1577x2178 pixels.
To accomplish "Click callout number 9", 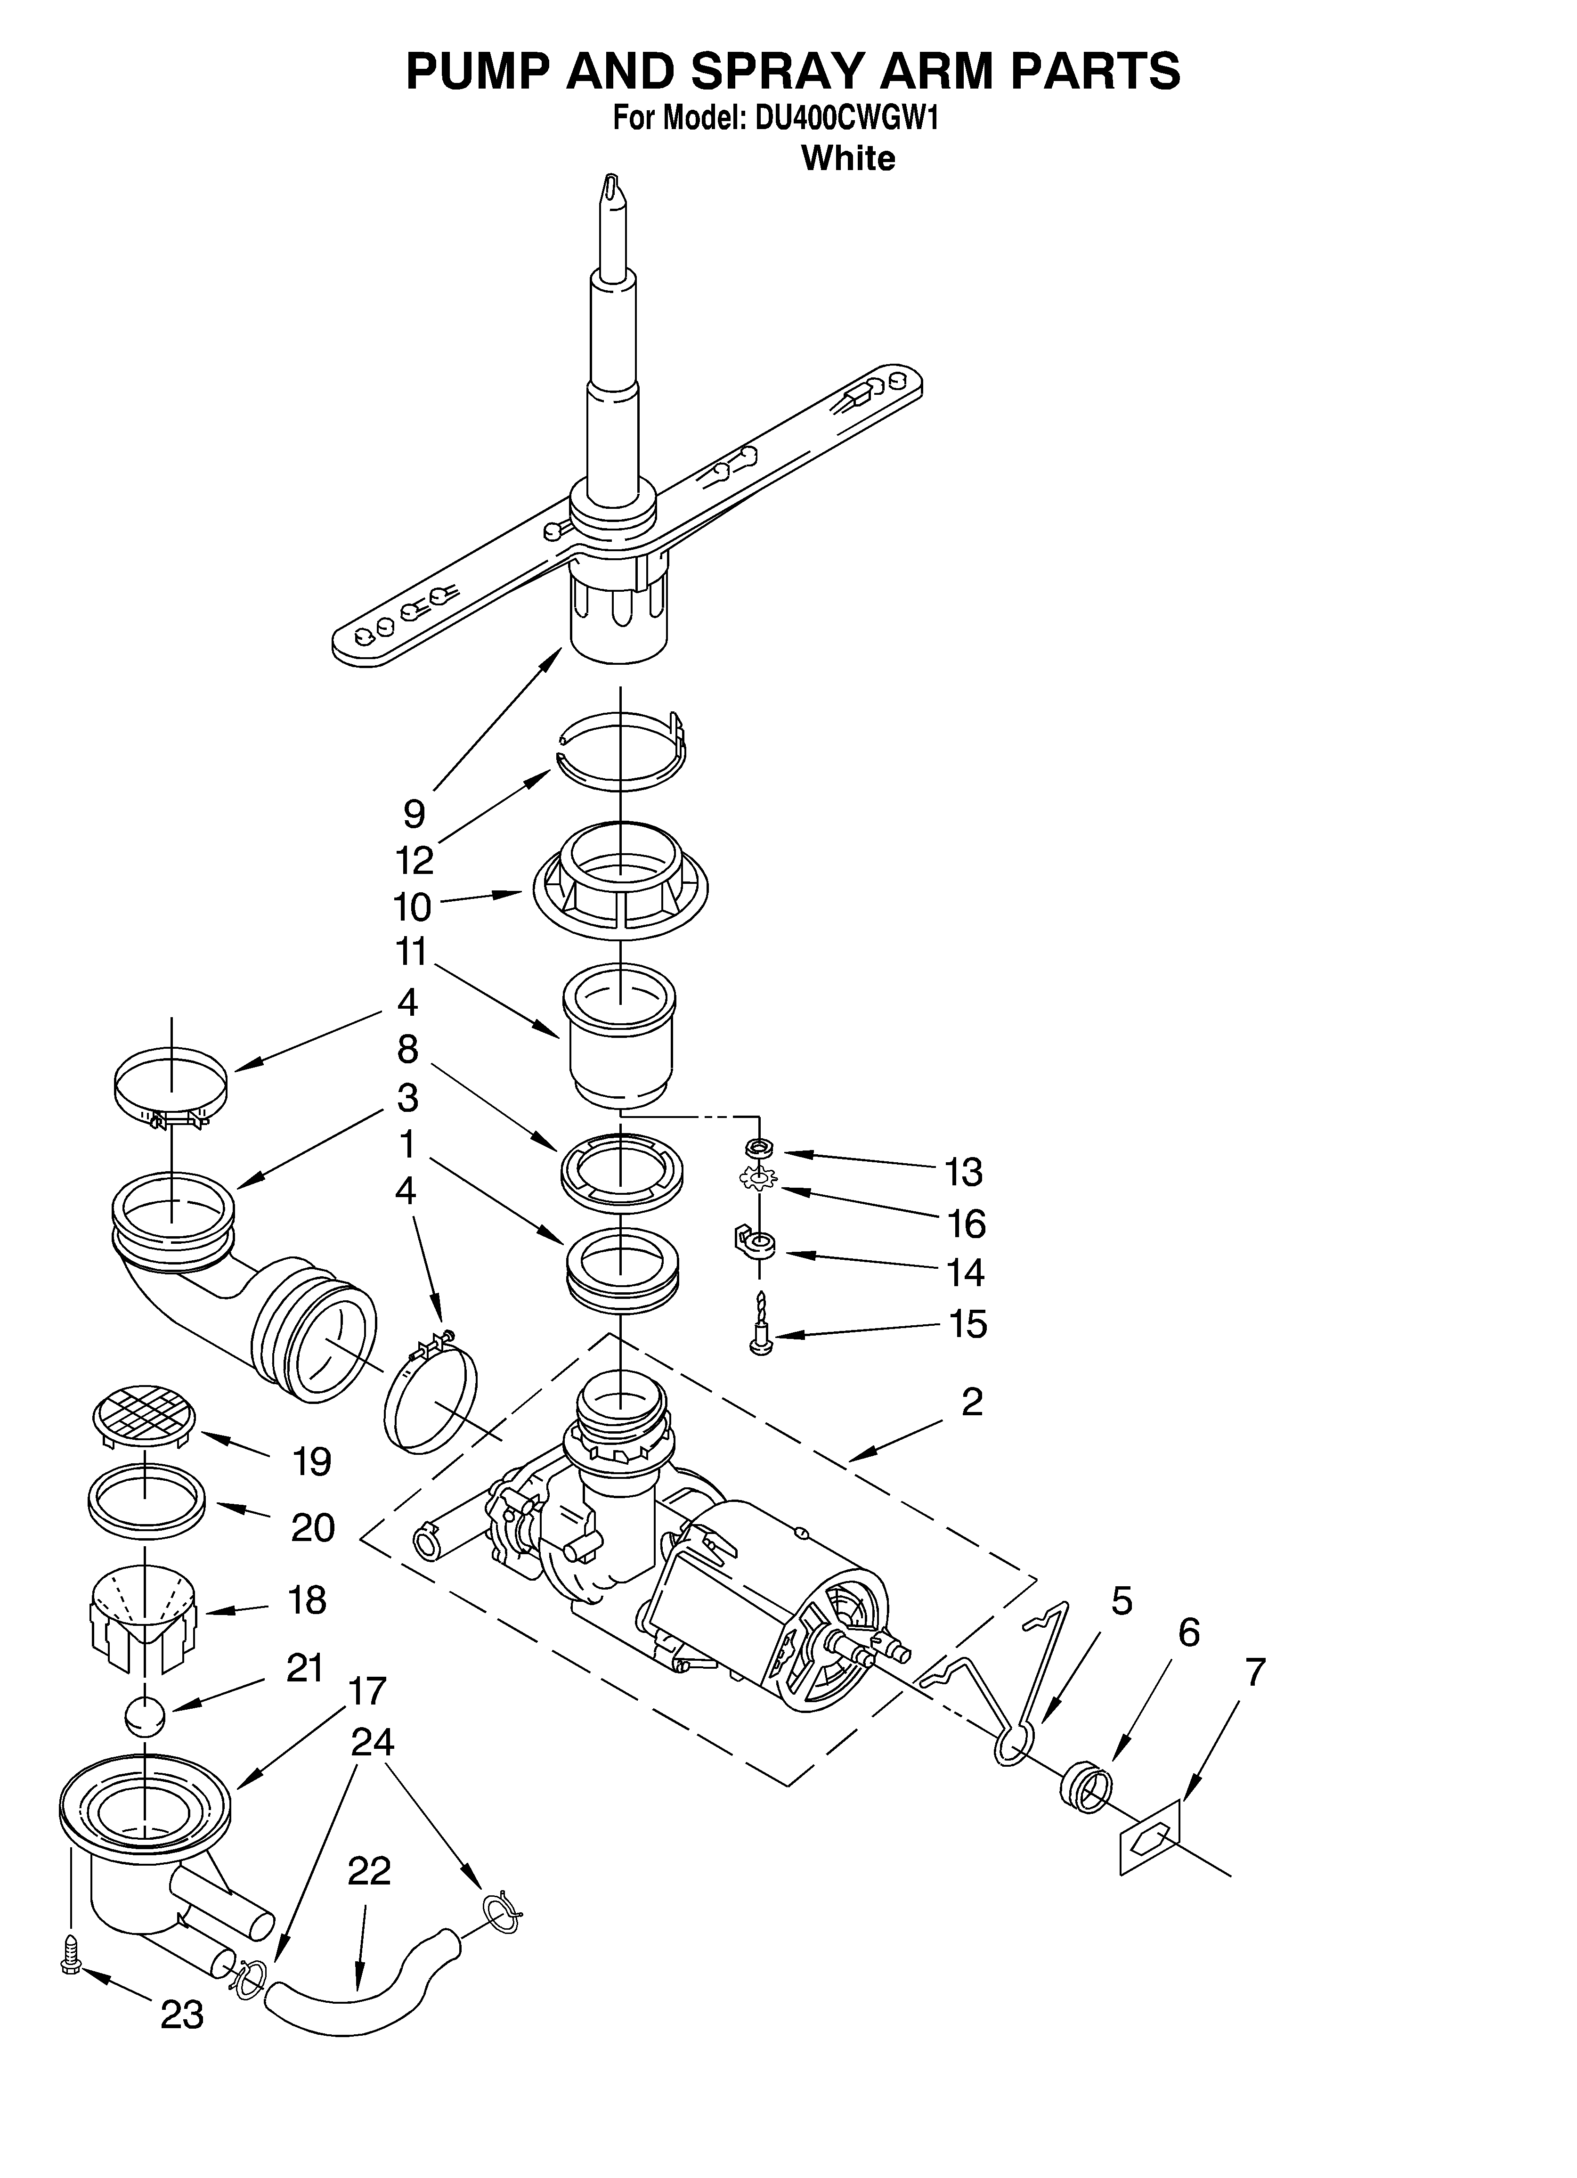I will [x=414, y=813].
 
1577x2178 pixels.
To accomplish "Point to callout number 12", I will [x=415, y=860].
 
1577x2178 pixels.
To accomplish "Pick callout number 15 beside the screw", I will [x=967, y=1324].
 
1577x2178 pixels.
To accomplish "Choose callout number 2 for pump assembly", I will [x=972, y=1403].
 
